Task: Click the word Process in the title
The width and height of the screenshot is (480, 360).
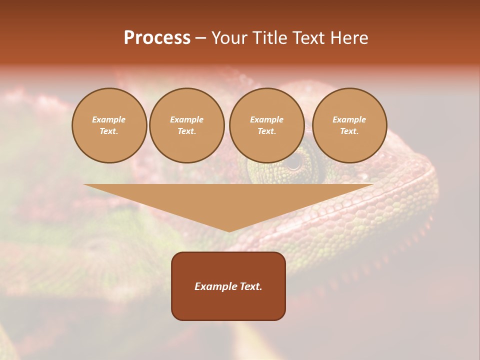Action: (x=157, y=38)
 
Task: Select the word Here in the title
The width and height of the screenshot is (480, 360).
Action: (x=350, y=38)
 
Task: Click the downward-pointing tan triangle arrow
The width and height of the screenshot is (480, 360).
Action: (x=228, y=200)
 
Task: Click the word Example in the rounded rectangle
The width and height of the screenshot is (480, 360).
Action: (x=216, y=286)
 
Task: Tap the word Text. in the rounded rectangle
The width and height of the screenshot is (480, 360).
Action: (x=250, y=286)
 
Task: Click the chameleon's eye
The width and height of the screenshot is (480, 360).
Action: (x=295, y=161)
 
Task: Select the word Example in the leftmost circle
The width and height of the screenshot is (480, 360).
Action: (x=109, y=119)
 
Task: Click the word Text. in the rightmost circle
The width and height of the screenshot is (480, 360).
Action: (x=349, y=131)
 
